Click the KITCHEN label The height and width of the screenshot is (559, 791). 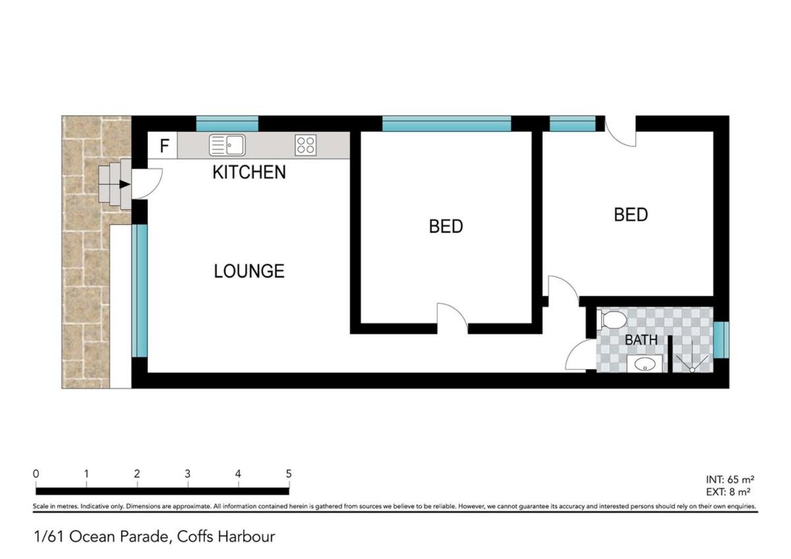[x=249, y=172]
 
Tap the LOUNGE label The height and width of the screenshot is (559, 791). [x=249, y=271]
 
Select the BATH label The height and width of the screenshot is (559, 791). [x=641, y=339]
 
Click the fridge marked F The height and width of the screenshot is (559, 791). [x=162, y=145]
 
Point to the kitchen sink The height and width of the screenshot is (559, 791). [x=227, y=145]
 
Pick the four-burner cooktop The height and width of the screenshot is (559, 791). [x=305, y=145]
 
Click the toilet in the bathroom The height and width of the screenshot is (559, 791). [x=612, y=320]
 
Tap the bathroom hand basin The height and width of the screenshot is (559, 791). [x=645, y=364]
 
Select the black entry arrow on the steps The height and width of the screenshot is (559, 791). [x=125, y=185]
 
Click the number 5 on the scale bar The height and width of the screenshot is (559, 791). [x=289, y=473]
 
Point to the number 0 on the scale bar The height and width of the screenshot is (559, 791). [x=36, y=473]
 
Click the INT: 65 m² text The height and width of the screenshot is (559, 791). [x=730, y=479]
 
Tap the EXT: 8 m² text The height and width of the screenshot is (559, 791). [x=728, y=492]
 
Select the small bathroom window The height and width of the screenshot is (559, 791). [x=721, y=339]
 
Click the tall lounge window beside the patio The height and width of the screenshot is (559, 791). [x=140, y=291]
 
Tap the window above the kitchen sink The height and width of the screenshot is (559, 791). [x=227, y=123]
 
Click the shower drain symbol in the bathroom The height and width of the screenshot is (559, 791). [x=692, y=370]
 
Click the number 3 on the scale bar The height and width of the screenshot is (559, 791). [x=187, y=473]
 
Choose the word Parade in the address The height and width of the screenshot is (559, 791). [x=144, y=537]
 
